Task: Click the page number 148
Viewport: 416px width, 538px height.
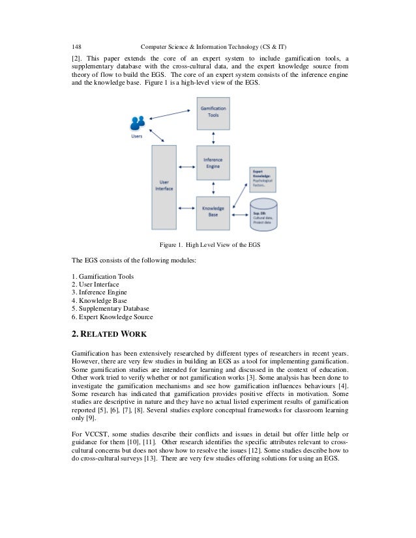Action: tap(77, 46)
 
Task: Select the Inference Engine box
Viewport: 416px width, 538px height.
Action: tap(213, 163)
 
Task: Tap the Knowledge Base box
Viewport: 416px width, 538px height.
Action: tap(213, 212)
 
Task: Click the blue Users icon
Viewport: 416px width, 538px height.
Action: tap(138, 123)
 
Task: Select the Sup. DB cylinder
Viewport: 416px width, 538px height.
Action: tap(264, 217)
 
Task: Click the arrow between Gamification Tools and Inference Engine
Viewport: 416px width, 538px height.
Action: tap(213, 138)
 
